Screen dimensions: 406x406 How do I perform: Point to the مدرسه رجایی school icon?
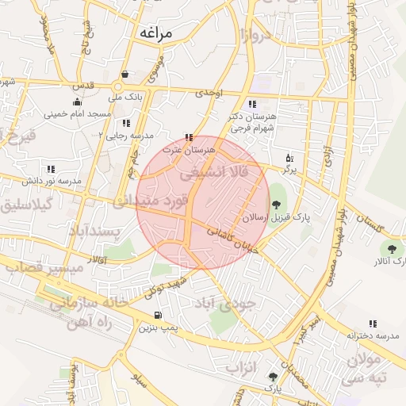point(126,123)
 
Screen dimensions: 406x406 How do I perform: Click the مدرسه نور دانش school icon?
point(52,169)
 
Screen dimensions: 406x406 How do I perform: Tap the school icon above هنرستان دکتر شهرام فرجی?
point(252,104)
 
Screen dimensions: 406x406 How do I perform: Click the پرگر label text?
point(289,170)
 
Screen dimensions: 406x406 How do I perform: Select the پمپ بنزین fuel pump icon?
point(157,315)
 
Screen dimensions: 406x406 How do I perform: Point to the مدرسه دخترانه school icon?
point(373,323)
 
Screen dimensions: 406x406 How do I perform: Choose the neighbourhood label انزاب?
point(243,367)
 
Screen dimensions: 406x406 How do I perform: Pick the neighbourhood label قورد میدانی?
point(151,201)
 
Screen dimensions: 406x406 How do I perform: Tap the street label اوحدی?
point(210,93)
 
